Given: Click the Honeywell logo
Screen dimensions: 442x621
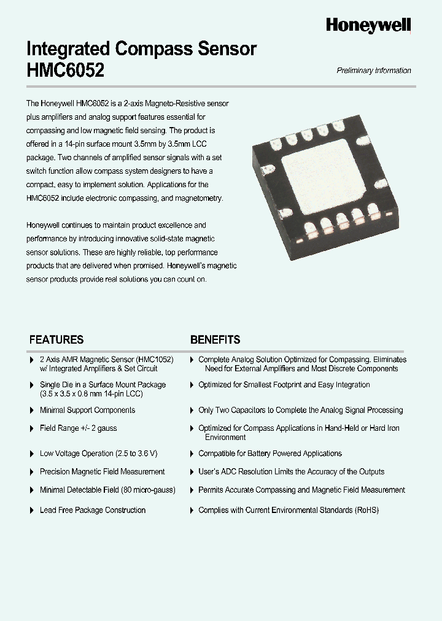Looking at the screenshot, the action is pyautogui.click(x=368, y=25).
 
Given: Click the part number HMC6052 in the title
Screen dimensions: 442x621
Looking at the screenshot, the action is pyautogui.click(x=66, y=71).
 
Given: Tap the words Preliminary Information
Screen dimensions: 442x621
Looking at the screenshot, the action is pyautogui.click(x=374, y=71).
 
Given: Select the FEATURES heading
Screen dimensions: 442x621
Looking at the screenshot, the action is pyautogui.click(x=56, y=339).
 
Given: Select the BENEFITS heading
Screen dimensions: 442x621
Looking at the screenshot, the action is pyautogui.click(x=215, y=339).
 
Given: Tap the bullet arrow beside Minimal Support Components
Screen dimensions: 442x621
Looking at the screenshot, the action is pyautogui.click(x=32, y=411).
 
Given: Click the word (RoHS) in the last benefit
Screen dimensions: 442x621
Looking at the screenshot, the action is pyautogui.click(x=366, y=510).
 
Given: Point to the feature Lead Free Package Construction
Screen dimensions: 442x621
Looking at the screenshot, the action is pyautogui.click(x=93, y=510).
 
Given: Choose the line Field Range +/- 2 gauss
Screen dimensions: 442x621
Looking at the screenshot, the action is pyautogui.click(x=78, y=428).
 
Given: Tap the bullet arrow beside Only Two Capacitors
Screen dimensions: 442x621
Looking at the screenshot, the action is pyautogui.click(x=192, y=411).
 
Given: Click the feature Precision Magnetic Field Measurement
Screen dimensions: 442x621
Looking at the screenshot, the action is pyautogui.click(x=102, y=472).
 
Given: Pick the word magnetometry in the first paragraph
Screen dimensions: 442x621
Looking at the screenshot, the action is pyautogui.click(x=198, y=198).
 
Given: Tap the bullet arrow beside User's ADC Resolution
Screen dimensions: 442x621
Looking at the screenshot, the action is pyautogui.click(x=192, y=472).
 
